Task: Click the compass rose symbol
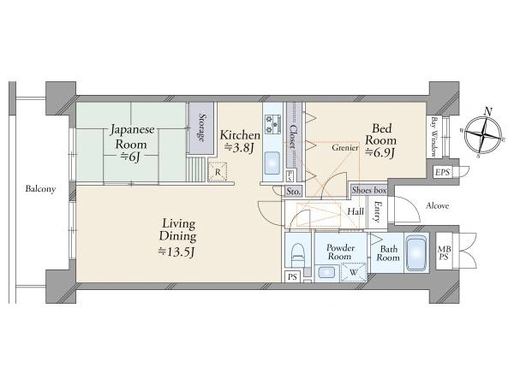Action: pyautogui.click(x=483, y=134)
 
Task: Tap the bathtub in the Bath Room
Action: pyautogui.click(x=416, y=253)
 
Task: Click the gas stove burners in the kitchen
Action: pyautogui.click(x=272, y=124)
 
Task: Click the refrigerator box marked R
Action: pyautogui.click(x=218, y=172)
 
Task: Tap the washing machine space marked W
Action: pyautogui.click(x=353, y=272)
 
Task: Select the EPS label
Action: pyautogui.click(x=442, y=172)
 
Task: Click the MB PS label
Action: pyautogui.click(x=444, y=253)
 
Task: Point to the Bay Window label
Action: pyautogui.click(x=434, y=137)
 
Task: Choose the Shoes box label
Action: pyautogui.click(x=369, y=190)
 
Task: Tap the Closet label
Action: pyautogui.click(x=292, y=137)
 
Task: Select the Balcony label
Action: pyautogui.click(x=40, y=189)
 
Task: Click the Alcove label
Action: pyautogui.click(x=437, y=206)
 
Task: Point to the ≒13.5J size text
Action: pyautogui.click(x=177, y=252)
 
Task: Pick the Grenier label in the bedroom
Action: pyautogui.click(x=345, y=148)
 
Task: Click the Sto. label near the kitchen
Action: pyautogui.click(x=293, y=192)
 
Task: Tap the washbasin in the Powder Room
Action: pyautogui.click(x=326, y=272)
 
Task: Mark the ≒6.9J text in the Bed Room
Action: pyautogui.click(x=380, y=152)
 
